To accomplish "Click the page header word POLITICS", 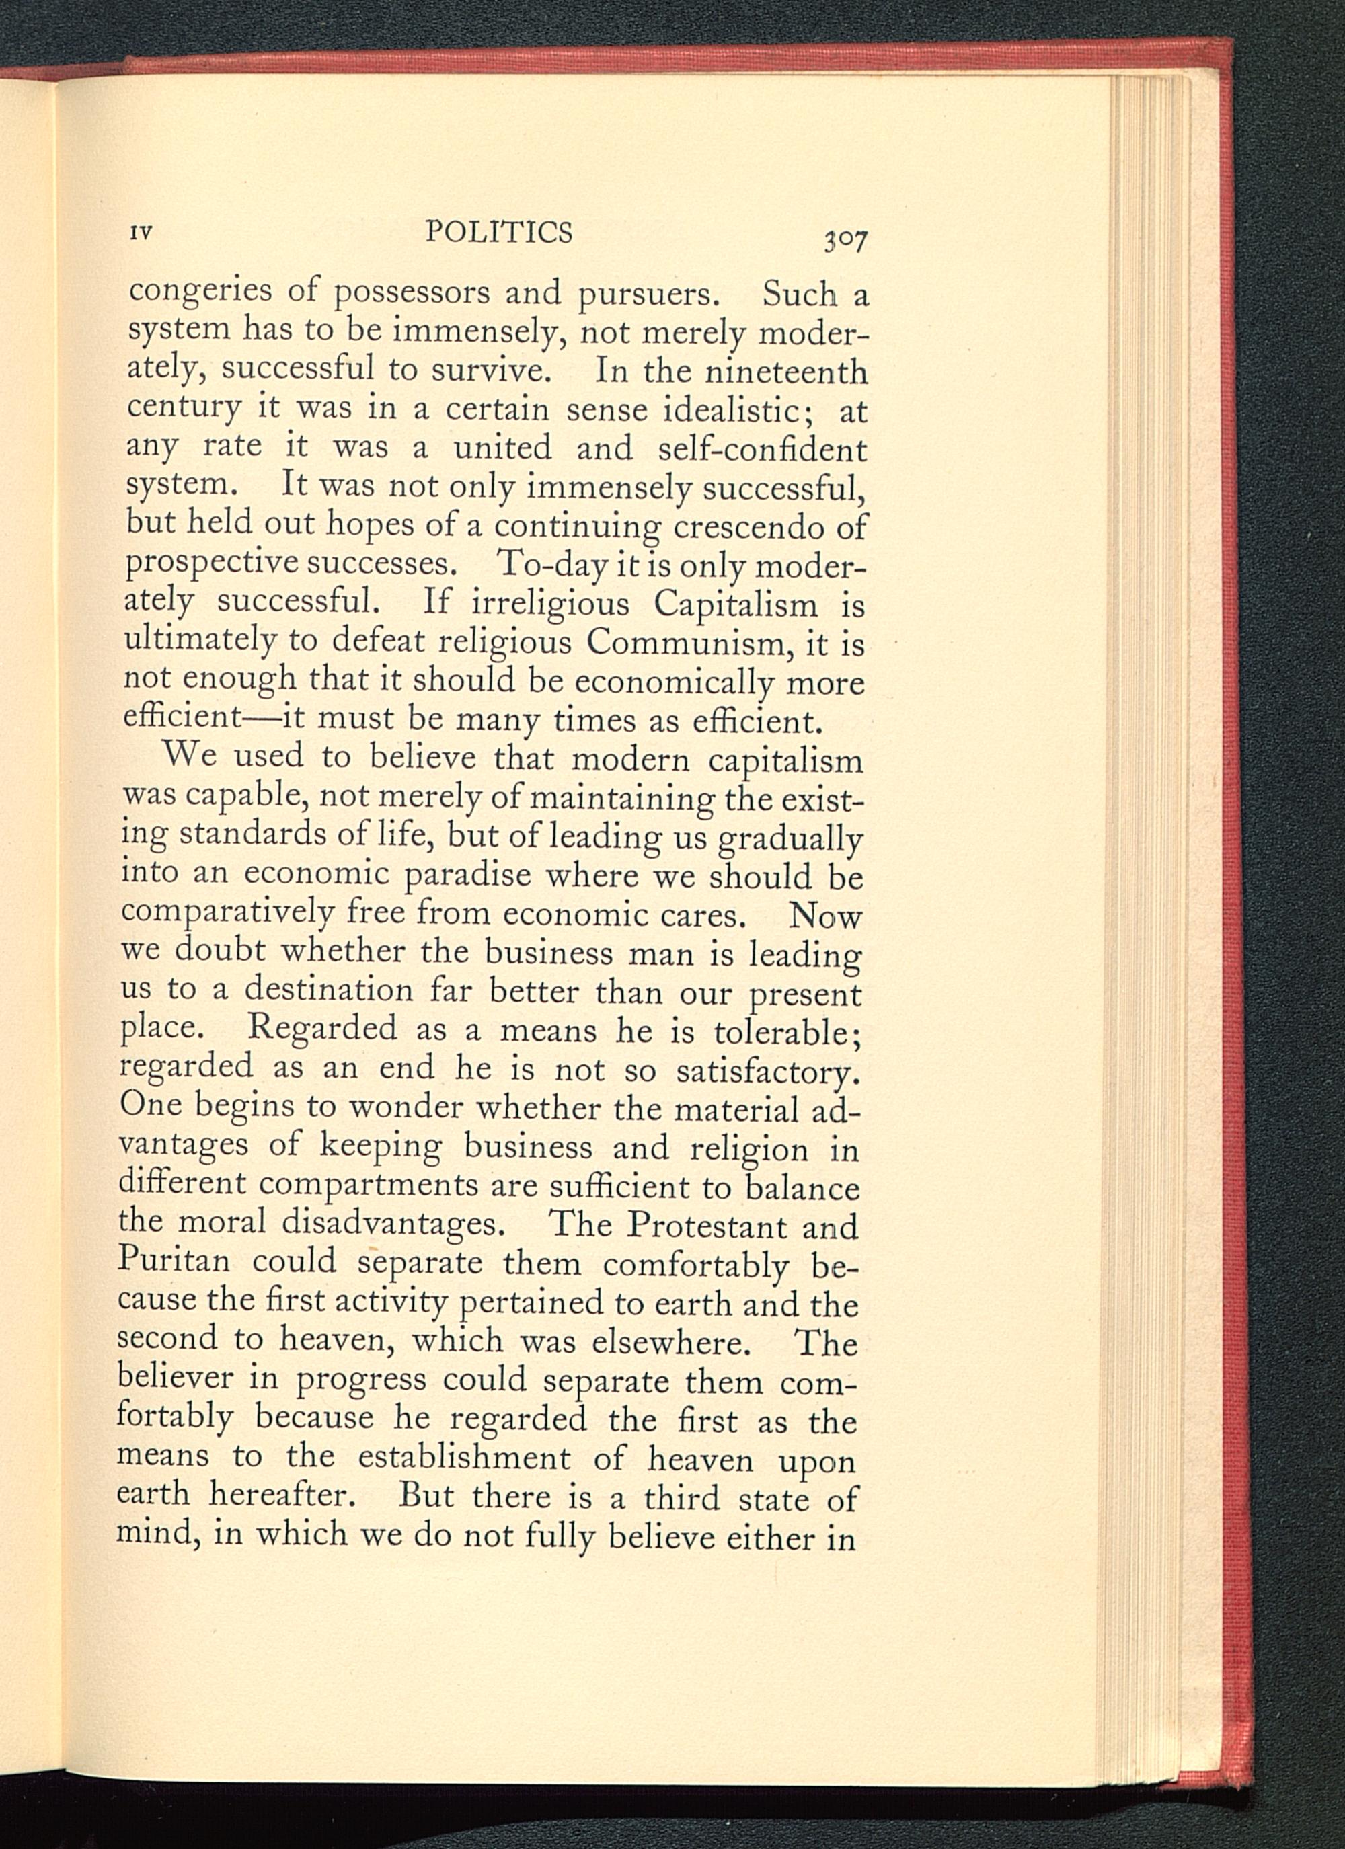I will click(499, 233).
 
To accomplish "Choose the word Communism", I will click(690, 642).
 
